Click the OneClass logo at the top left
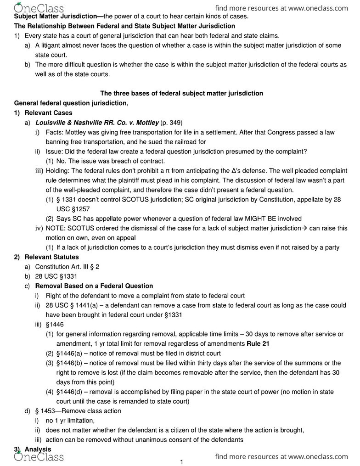(39, 8)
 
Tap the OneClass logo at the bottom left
(39, 456)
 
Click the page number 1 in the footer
(181, 462)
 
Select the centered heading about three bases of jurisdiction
(181, 93)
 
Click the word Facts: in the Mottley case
(55, 132)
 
